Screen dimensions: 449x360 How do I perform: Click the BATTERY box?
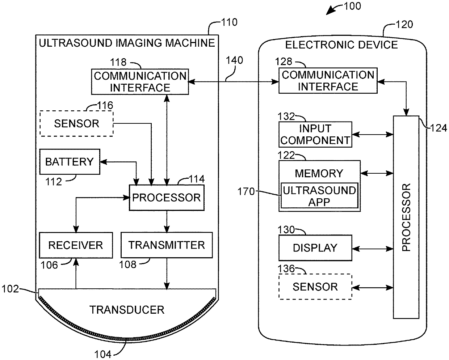(x=70, y=162)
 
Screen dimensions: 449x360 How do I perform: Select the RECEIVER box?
(x=76, y=245)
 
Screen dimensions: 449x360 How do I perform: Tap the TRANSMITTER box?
(x=167, y=245)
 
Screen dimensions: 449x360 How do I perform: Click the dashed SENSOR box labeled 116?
(x=76, y=124)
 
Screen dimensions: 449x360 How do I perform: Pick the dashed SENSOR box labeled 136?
(x=315, y=287)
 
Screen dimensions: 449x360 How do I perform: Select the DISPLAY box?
(x=315, y=248)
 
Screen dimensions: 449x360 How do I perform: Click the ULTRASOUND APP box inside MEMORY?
(x=319, y=195)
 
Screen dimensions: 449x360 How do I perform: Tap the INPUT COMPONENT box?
(x=315, y=135)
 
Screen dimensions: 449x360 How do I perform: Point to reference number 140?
(x=235, y=60)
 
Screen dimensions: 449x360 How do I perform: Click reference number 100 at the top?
(x=352, y=6)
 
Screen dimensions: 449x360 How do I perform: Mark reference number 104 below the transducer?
(x=103, y=354)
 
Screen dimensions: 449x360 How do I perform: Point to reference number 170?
(x=246, y=191)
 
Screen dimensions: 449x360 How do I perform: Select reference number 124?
(x=438, y=128)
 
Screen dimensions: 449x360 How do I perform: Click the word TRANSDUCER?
(x=127, y=310)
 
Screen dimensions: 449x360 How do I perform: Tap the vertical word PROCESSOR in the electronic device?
(x=406, y=217)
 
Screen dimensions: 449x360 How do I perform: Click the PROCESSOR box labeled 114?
(x=167, y=198)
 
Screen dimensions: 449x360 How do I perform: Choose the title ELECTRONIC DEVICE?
(x=341, y=45)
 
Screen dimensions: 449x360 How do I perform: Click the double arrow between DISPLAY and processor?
(x=373, y=249)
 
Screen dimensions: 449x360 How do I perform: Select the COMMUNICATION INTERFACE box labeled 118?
(x=140, y=82)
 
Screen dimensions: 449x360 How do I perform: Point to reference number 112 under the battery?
(x=54, y=182)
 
